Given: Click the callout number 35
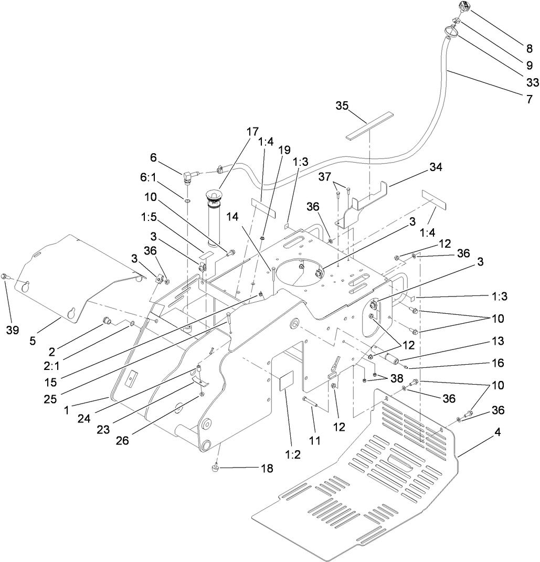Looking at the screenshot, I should tap(343, 105).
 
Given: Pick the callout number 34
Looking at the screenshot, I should tap(435, 167).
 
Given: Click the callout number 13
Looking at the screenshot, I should tap(497, 341).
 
